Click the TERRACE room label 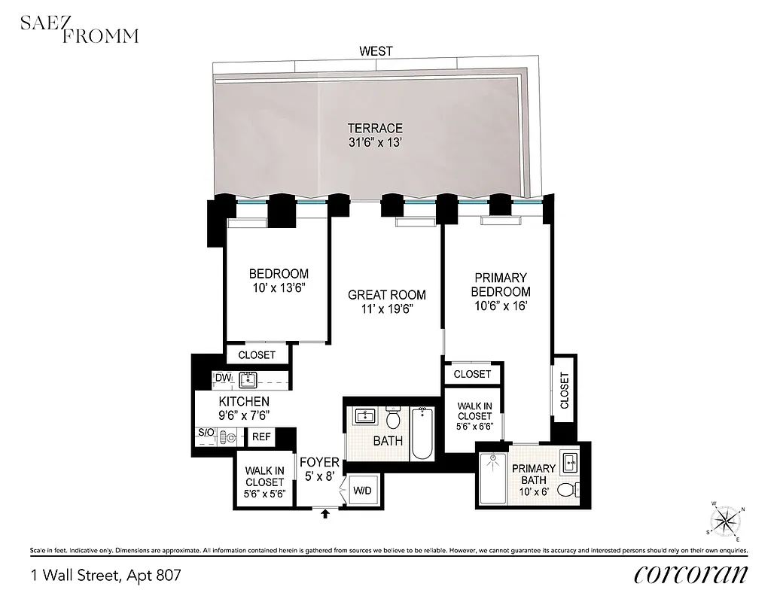click(x=375, y=129)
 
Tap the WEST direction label click(x=376, y=51)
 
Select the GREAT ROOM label click(x=387, y=295)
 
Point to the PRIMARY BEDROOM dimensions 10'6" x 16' click(x=501, y=306)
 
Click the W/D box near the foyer click(x=362, y=491)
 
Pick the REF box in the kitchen click(x=261, y=436)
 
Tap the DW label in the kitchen click(x=222, y=378)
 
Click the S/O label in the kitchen click(x=205, y=433)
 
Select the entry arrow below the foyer click(x=325, y=515)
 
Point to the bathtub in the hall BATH click(x=422, y=433)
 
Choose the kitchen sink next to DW click(x=248, y=379)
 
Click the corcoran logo click(x=690, y=574)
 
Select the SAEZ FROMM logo click(x=78, y=29)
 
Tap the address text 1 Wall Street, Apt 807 click(x=106, y=576)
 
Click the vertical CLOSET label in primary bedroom click(x=565, y=391)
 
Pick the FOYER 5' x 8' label click(x=319, y=469)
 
